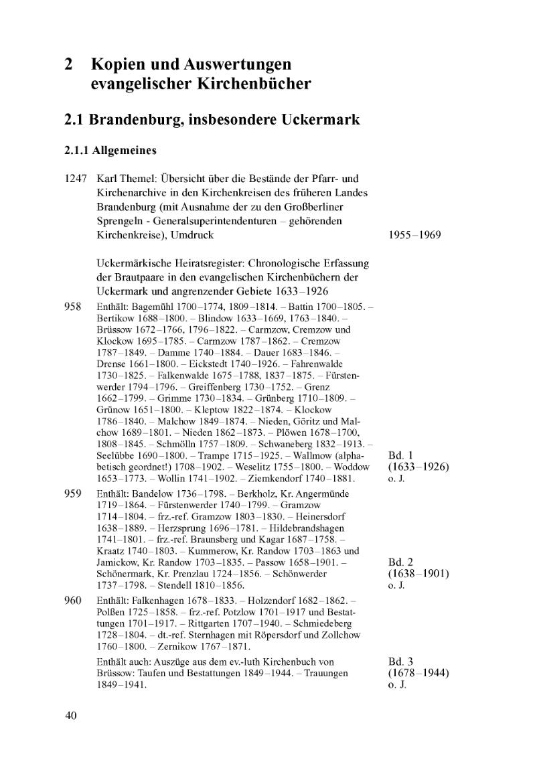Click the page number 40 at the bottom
point(71,716)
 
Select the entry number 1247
point(76,180)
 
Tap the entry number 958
point(72,307)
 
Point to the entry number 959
point(72,493)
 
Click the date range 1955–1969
point(414,236)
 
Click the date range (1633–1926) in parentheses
point(418,467)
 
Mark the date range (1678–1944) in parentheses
point(418,673)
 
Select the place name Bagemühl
point(152,307)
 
